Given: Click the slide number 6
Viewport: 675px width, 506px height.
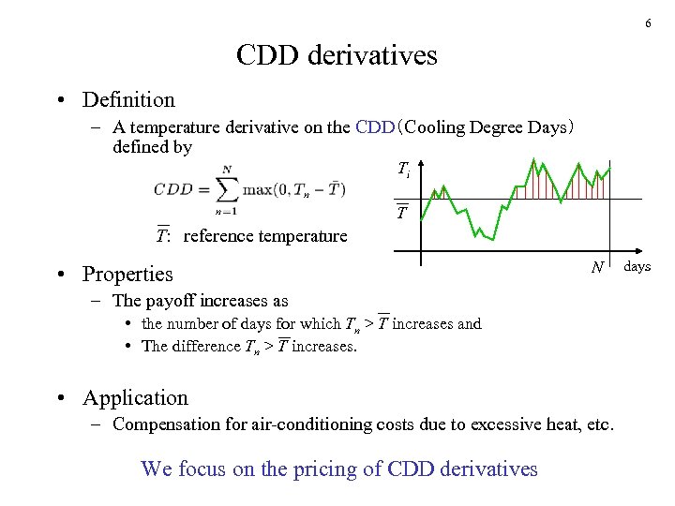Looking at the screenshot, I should [x=648, y=23].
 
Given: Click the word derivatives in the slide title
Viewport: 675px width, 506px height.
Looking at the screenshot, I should [x=378, y=55].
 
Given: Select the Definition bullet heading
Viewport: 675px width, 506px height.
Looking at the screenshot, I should [x=128, y=99].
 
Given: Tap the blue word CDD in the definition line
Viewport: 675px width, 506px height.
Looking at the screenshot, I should [x=376, y=127].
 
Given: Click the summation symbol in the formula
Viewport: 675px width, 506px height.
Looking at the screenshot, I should [x=226, y=188].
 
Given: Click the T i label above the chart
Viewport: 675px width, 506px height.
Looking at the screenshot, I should [x=403, y=170].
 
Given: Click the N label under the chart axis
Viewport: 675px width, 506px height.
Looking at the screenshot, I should [x=597, y=268].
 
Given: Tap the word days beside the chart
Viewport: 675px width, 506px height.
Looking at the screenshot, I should [x=637, y=267].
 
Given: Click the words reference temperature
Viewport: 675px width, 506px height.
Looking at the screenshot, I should [x=265, y=236].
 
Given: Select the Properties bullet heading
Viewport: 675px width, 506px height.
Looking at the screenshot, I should [x=127, y=275].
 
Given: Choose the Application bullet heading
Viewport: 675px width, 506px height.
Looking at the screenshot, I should [x=135, y=398].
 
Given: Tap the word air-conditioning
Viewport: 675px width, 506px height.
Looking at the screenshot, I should [x=302, y=424].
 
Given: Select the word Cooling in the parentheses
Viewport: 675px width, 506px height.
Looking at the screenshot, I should [x=449, y=127].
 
